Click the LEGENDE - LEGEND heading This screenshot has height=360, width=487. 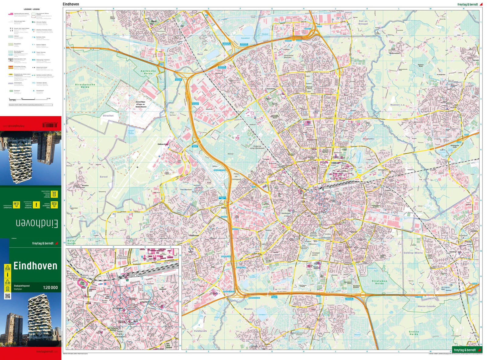coord(32,9)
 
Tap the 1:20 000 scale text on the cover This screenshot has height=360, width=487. coord(50,288)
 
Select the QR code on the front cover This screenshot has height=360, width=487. coord(7,296)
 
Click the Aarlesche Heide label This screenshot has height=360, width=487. coord(148,72)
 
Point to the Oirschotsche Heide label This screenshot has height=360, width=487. coord(85,86)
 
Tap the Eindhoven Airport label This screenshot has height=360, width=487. coord(163,144)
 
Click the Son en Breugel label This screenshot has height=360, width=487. coord(363,23)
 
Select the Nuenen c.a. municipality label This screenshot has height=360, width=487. coord(398,105)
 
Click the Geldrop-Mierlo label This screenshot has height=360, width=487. coord(413,253)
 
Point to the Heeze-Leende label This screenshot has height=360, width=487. coord(426,306)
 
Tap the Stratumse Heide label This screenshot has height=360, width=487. coord(379,282)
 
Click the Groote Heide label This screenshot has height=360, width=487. coord(414,333)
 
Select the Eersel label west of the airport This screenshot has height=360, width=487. coord(104,177)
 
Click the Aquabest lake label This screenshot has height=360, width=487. coord(245,38)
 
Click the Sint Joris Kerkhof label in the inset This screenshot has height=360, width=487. coord(168,345)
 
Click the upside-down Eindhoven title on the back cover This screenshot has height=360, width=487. coord(37,223)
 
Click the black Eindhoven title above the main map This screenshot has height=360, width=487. coord(71,4)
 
